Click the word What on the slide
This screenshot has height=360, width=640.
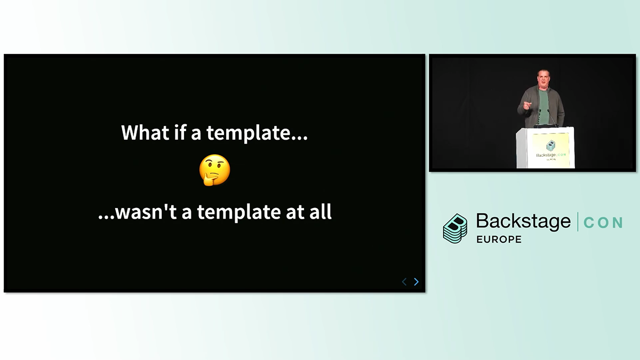click(x=145, y=132)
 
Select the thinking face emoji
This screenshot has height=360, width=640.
click(x=214, y=170)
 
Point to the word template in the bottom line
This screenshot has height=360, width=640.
click(x=238, y=212)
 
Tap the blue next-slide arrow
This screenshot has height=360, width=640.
click(x=417, y=282)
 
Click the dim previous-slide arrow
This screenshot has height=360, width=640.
click(x=404, y=282)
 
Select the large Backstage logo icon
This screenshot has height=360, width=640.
click(x=455, y=229)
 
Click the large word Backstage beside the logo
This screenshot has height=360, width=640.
click(x=523, y=222)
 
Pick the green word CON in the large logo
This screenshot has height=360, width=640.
click(x=603, y=223)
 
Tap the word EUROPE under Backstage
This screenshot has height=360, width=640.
click(x=499, y=239)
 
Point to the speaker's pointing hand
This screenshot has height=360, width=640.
click(x=527, y=106)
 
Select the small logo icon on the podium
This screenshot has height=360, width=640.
click(x=550, y=146)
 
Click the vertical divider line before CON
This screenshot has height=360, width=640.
click(x=578, y=222)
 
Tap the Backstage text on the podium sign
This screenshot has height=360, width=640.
click(x=546, y=155)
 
